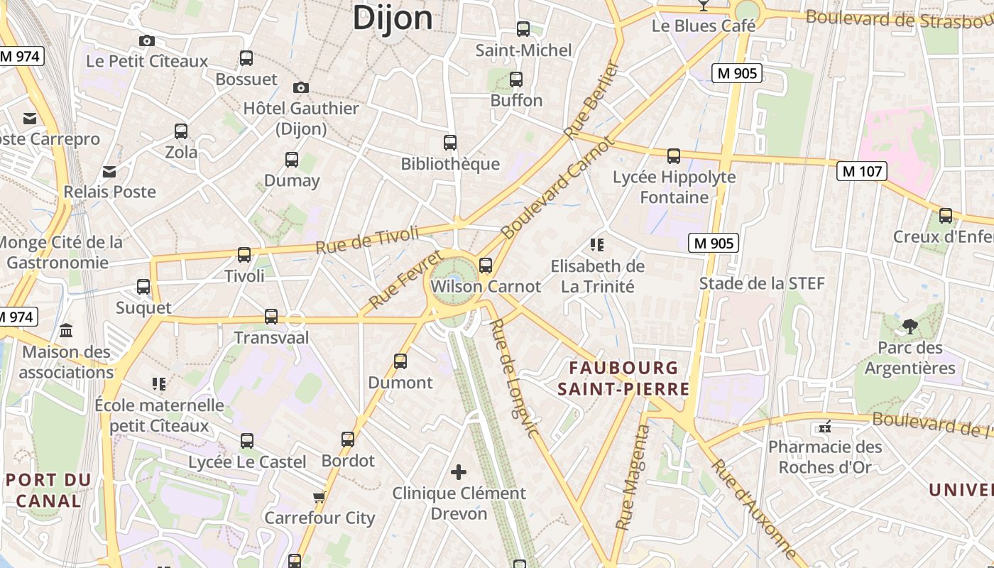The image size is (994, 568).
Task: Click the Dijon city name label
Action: click(393, 17)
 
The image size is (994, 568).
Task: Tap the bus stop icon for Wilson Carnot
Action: click(486, 266)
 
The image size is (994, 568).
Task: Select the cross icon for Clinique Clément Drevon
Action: click(459, 471)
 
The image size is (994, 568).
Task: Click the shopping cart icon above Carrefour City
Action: click(319, 497)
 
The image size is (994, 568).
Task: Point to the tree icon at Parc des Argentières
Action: click(910, 327)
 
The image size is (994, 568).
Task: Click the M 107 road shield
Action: click(862, 171)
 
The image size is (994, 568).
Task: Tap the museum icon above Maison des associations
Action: click(67, 331)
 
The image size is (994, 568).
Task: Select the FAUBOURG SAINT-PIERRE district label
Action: click(623, 378)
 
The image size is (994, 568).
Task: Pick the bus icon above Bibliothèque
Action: click(450, 143)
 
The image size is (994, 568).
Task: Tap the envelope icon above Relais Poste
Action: click(109, 171)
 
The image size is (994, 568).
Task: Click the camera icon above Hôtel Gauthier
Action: click(301, 88)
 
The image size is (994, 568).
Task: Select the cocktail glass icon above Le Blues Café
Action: click(703, 6)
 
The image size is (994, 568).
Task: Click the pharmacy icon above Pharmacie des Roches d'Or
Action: click(825, 427)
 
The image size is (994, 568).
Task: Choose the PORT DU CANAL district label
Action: click(48, 490)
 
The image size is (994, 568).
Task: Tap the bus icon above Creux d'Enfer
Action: click(946, 216)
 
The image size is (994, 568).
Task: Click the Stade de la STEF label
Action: click(762, 284)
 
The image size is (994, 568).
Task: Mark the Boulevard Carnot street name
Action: click(556, 188)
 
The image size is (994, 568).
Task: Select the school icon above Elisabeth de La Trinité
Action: click(597, 246)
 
